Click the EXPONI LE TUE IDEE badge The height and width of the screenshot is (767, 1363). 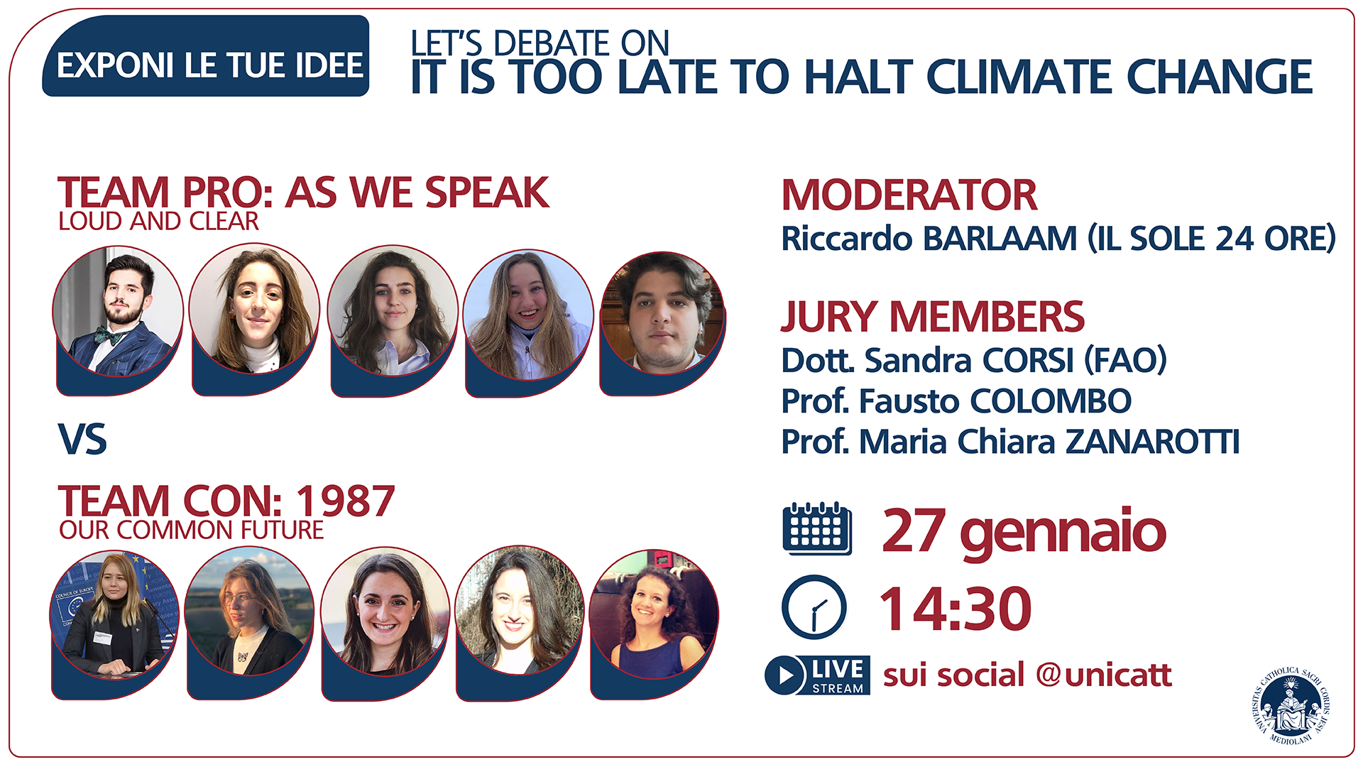click(205, 56)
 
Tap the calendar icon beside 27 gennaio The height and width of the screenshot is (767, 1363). click(817, 528)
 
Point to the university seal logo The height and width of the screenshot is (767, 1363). click(1291, 706)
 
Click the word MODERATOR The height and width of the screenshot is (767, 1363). click(909, 195)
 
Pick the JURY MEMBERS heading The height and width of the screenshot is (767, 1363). click(933, 317)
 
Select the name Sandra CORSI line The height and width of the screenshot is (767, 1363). click(974, 360)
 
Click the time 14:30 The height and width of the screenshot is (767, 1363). click(955, 609)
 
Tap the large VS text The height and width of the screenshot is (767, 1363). click(82, 440)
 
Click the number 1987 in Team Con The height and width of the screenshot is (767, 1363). click(345, 501)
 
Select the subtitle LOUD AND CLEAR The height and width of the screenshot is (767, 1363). click(158, 222)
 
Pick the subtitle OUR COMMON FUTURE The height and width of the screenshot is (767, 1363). click(191, 531)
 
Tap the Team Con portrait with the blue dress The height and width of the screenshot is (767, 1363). click(654, 614)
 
